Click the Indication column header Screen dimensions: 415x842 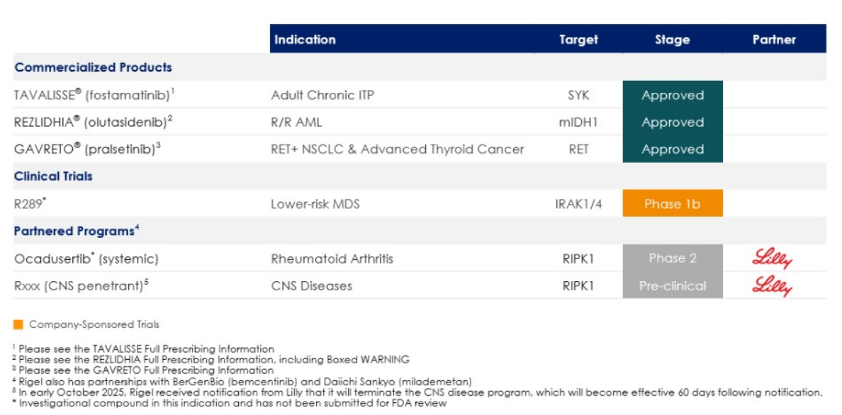[x=305, y=40]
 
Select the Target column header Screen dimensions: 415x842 [x=578, y=40]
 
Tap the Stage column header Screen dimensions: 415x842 [x=672, y=40]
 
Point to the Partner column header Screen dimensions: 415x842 [x=774, y=40]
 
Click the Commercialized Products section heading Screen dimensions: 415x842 [x=94, y=68]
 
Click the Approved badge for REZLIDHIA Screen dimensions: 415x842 [x=673, y=123]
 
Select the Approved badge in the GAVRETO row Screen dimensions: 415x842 [x=673, y=149]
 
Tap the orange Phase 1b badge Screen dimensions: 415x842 [x=673, y=204]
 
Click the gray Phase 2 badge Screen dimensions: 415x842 [x=673, y=258]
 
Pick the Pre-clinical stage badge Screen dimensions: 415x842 [x=673, y=286]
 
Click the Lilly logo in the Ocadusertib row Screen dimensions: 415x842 [x=773, y=259]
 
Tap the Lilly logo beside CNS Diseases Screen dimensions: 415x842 [x=773, y=286]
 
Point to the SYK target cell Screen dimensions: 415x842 [x=578, y=95]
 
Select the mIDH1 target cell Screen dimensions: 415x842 [x=578, y=123]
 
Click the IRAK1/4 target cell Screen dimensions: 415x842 [x=578, y=204]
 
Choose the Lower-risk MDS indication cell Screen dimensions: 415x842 [x=315, y=204]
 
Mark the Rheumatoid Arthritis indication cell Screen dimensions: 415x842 [x=332, y=258]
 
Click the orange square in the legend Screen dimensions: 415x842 [x=18, y=325]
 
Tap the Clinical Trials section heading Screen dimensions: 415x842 [x=54, y=176]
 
